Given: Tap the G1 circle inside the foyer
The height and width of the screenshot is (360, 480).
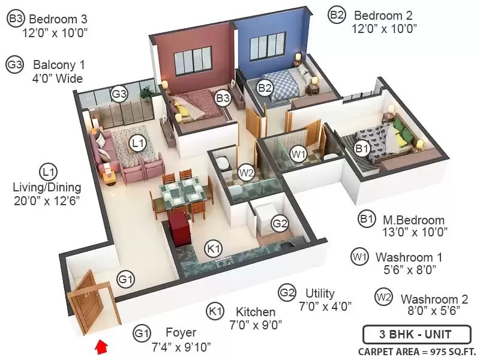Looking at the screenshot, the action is [x=126, y=280].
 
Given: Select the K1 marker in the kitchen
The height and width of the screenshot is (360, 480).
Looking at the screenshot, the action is [x=214, y=248].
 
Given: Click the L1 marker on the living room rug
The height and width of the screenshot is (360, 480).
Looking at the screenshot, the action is [x=137, y=143].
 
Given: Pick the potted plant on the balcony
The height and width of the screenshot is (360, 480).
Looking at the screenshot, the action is [x=146, y=92].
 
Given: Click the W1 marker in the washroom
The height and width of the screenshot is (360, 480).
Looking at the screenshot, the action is [x=298, y=154].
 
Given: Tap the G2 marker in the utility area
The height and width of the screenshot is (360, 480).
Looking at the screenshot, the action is [x=280, y=223].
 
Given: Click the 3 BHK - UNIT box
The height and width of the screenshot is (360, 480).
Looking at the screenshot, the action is [x=416, y=334].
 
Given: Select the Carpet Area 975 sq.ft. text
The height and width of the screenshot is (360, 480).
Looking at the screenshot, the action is [x=417, y=352].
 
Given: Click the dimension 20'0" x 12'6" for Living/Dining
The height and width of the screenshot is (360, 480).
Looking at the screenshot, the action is [x=47, y=201].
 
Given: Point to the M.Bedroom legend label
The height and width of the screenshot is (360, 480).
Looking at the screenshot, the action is [x=413, y=220].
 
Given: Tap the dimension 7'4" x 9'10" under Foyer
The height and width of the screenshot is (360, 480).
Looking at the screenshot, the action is [x=182, y=347].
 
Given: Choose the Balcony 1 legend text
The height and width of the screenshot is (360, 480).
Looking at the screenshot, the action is [x=59, y=65].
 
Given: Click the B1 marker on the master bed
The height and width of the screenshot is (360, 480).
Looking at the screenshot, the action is [x=362, y=149].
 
